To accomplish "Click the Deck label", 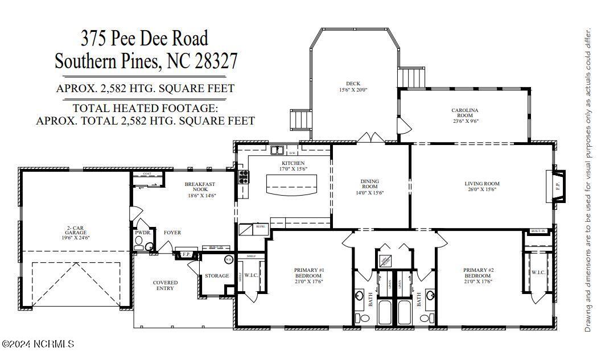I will pyautogui.click(x=353, y=84).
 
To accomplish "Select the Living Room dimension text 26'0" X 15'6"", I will pyautogui.click(x=481, y=189).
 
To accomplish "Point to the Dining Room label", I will pyautogui.click(x=369, y=184).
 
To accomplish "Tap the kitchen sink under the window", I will pyautogui.click(x=278, y=151).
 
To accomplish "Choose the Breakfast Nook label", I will pyautogui.click(x=199, y=187).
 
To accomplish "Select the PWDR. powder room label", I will pyautogui.click(x=142, y=233).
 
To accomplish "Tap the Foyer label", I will pyautogui.click(x=172, y=233).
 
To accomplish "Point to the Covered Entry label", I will pyautogui.click(x=165, y=285).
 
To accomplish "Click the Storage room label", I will pyautogui.click(x=217, y=276).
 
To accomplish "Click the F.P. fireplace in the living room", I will pyautogui.click(x=557, y=186).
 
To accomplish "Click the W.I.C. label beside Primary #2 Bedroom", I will pyautogui.click(x=538, y=272).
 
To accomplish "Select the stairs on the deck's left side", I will pyautogui.click(x=300, y=119).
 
